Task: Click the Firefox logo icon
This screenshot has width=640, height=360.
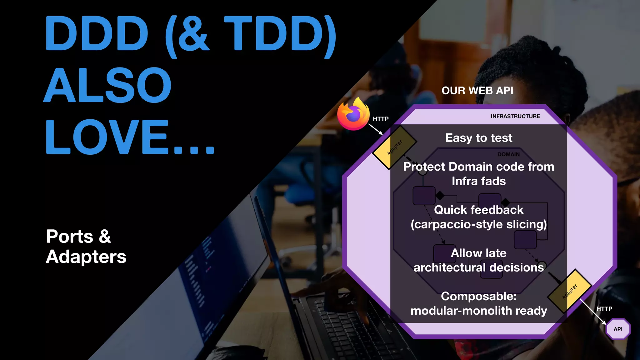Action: (353, 114)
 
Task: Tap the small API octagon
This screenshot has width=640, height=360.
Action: (618, 329)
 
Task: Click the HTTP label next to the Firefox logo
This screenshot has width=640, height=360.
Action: (380, 119)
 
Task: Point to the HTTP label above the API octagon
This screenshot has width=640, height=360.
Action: (604, 309)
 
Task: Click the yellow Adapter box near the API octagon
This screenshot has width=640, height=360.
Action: (570, 291)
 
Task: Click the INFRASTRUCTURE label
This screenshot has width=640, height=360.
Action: (515, 116)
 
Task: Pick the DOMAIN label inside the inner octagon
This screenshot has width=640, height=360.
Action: (508, 154)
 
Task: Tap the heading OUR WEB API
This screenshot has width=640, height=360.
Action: (477, 91)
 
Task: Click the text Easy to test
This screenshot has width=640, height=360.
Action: (478, 138)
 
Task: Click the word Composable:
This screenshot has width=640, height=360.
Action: (478, 296)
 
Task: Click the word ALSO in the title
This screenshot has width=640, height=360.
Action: (108, 85)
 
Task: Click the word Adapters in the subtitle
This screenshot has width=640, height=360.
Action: (86, 257)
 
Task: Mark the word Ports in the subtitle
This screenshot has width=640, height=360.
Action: (69, 236)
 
